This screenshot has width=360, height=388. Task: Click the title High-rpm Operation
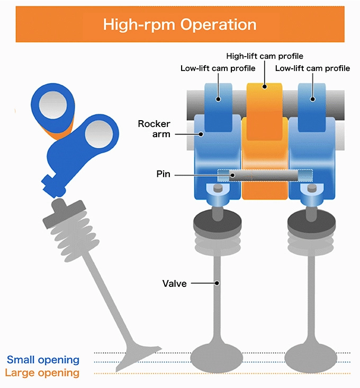[x=179, y=24]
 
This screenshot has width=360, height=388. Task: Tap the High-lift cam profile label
[x=264, y=56]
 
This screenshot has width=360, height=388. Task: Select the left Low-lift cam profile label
[x=218, y=68]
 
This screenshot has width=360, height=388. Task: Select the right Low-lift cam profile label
[x=312, y=68]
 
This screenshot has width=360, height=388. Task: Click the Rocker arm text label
[x=154, y=129]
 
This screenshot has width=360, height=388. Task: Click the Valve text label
[x=174, y=284]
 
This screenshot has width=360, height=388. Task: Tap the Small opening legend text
[x=43, y=360]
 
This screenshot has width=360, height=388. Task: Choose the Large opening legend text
[x=42, y=373]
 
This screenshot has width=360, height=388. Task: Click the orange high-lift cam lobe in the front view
[x=265, y=101]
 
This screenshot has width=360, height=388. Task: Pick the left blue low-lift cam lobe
[x=218, y=106]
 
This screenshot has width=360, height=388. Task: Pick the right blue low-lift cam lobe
[x=312, y=106]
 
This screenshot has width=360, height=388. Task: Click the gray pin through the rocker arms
[x=265, y=174]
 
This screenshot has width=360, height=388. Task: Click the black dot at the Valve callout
[x=218, y=284]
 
